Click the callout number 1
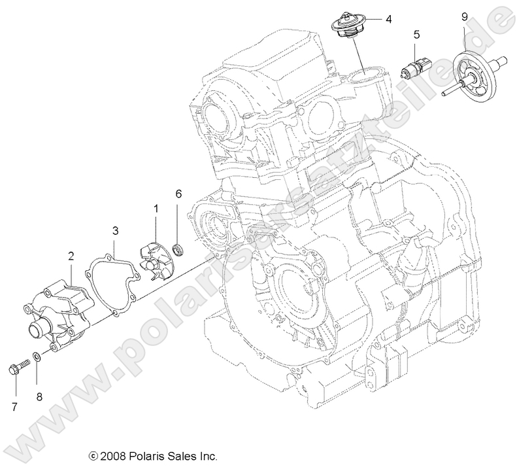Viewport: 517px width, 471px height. [x=156, y=208]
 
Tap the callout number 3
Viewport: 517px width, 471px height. [x=114, y=230]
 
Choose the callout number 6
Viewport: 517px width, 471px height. [x=178, y=194]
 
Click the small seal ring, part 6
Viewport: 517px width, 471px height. [x=178, y=249]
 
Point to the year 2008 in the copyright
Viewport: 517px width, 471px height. [x=111, y=456]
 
